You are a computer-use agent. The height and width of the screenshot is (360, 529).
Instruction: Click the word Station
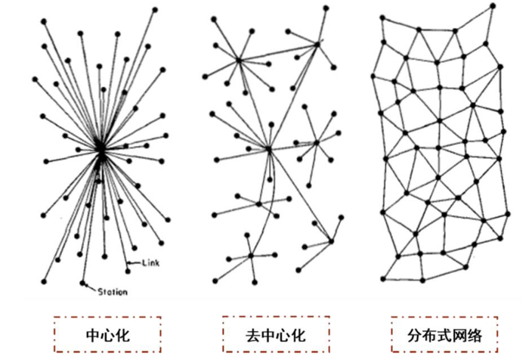112,292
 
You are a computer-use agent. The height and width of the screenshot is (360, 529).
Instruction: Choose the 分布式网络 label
447,333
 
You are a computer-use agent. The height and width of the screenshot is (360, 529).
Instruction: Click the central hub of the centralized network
101,151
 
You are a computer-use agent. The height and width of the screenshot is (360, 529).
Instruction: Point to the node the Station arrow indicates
82,282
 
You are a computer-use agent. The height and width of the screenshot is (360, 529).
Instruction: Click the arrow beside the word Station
91,287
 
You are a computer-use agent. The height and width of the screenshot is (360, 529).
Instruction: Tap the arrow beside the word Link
134,262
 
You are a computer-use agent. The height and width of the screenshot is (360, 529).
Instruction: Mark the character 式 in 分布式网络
447,333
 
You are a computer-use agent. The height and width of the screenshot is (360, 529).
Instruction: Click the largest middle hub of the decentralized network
268,150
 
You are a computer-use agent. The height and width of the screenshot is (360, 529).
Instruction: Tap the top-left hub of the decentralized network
238,60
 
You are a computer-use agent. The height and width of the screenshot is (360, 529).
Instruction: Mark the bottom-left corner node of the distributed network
383,278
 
